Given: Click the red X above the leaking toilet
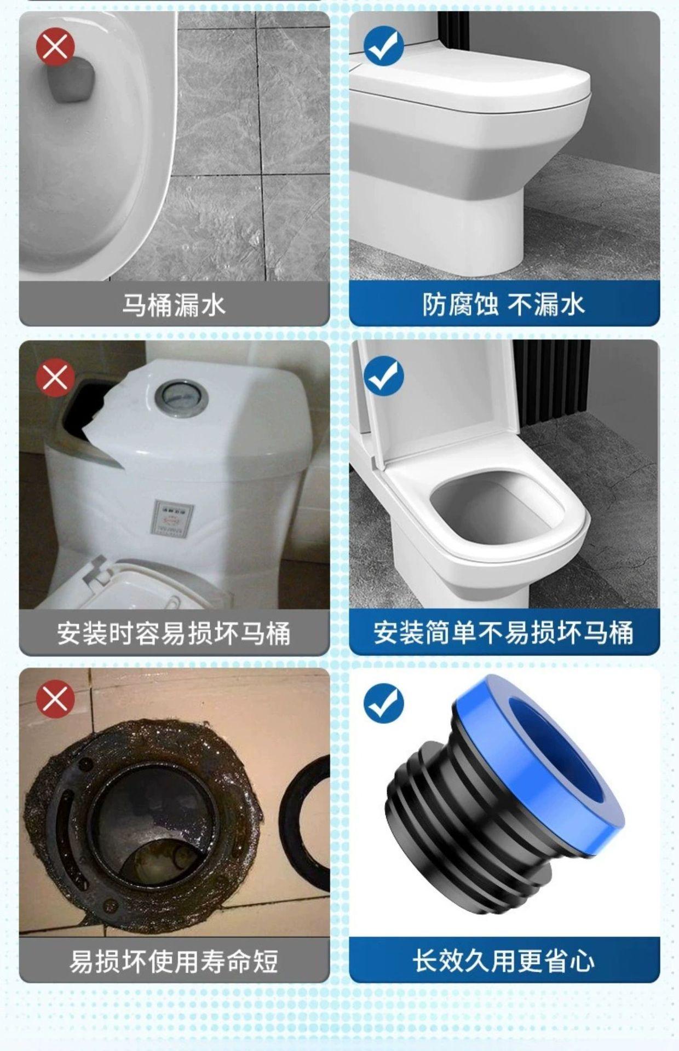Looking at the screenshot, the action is tap(55, 48).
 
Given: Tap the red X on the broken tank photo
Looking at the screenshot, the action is tap(55, 377).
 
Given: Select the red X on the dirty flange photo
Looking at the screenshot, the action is tap(55, 699).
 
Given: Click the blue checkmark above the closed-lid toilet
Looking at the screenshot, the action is tap(384, 48).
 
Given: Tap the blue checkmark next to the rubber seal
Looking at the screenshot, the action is tap(384, 703).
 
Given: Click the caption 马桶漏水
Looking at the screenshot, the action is tap(174, 305).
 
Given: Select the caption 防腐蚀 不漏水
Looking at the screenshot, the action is tap(504, 304).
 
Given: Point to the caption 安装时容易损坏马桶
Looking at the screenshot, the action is tap(174, 633).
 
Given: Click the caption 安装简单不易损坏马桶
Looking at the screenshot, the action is tap(504, 633).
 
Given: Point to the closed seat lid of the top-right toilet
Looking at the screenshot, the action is tap(471, 82).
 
